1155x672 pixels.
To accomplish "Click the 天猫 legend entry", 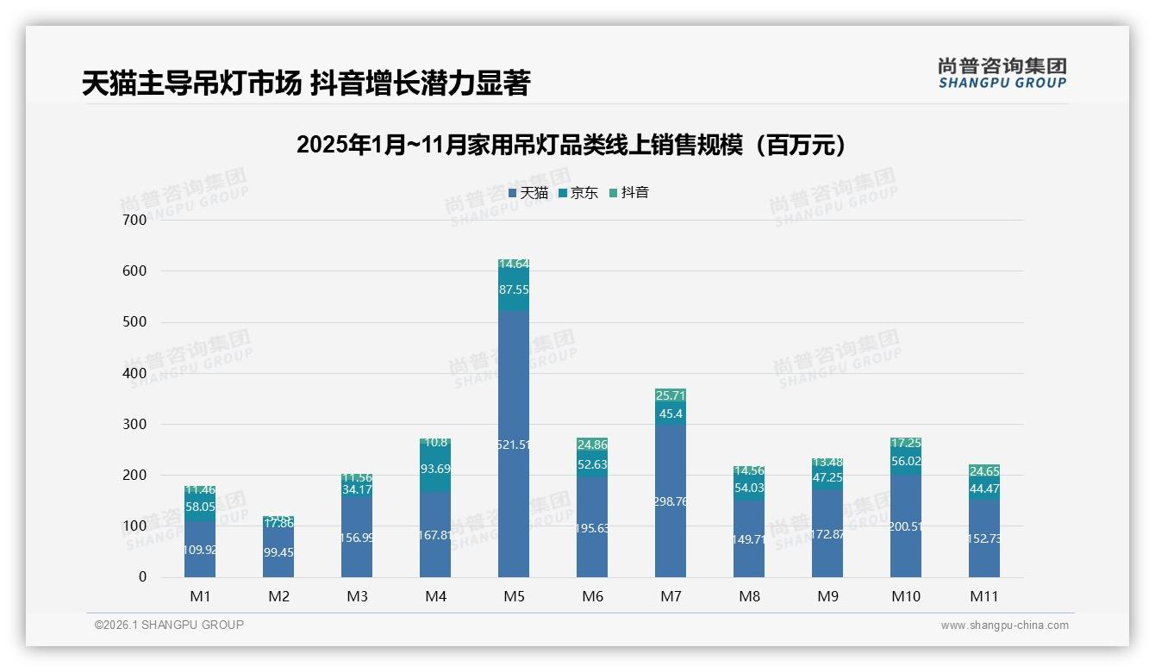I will (528, 193).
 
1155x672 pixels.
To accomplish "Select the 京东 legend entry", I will (578, 193).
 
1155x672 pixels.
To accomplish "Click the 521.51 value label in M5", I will (514, 445).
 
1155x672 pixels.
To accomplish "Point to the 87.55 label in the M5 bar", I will (514, 290).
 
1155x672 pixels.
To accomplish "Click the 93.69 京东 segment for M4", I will (435, 469).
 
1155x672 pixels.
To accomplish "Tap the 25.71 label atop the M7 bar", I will (671, 395).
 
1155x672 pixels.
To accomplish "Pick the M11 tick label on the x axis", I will (984, 596).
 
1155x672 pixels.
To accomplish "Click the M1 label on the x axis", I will (200, 596).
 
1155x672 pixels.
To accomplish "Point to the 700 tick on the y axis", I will (135, 220).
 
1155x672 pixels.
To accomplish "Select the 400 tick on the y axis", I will (135, 373).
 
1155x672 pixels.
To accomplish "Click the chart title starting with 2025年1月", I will (571, 145).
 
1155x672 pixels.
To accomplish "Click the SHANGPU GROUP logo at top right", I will (1002, 73).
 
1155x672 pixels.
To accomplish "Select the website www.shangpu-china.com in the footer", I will (1004, 625).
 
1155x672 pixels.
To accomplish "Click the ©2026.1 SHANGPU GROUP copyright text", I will (169, 625).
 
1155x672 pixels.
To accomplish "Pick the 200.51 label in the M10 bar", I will (906, 526).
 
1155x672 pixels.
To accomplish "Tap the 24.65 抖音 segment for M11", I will (984, 471).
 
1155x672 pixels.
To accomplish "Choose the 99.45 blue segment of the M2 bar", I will (278, 551).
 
